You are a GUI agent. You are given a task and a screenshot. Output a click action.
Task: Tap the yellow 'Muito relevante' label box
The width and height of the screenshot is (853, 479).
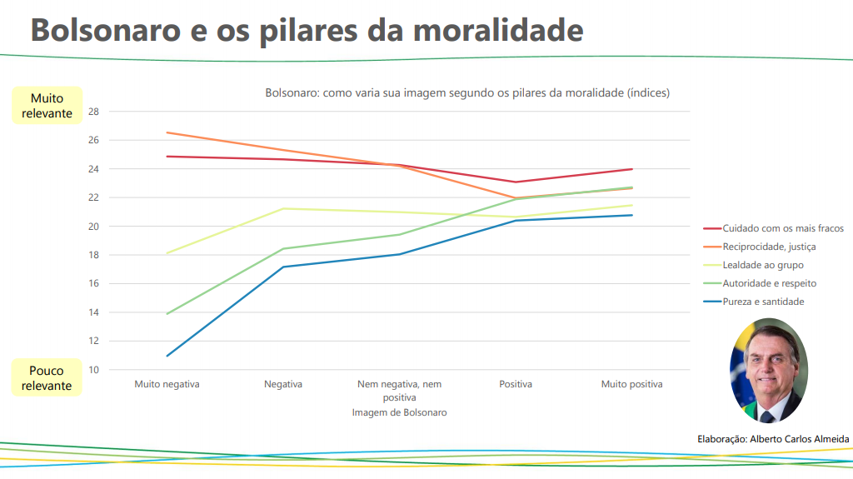(47, 106)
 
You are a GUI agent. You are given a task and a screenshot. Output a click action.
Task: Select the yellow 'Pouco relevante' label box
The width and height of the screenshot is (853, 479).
(47, 377)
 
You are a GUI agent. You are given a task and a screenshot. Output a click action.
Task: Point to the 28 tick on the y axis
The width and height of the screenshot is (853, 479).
(93, 112)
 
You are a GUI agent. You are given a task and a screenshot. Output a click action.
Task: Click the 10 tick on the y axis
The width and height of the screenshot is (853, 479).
(93, 370)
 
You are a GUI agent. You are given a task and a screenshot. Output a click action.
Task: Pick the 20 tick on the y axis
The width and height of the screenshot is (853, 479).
(93, 227)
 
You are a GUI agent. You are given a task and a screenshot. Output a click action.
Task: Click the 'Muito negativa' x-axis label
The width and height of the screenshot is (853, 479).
(167, 384)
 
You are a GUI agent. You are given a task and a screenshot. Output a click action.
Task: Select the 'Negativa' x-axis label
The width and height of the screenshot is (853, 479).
(283, 384)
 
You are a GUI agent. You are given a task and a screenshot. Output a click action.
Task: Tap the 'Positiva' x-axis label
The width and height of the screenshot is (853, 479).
(516, 384)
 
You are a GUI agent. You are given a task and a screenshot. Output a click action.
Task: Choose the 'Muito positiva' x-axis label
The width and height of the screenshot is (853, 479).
(632, 384)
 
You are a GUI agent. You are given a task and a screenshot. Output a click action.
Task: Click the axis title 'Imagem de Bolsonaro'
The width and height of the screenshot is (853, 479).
(399, 412)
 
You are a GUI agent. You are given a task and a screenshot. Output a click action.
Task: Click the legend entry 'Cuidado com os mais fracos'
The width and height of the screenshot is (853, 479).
(783, 228)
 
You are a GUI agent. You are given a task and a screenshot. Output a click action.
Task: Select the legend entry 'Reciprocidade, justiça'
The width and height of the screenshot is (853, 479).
(769, 247)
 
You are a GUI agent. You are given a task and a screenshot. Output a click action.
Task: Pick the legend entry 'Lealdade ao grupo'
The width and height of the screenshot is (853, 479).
(763, 265)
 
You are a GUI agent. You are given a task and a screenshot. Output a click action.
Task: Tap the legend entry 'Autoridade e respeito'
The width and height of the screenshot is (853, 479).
(770, 283)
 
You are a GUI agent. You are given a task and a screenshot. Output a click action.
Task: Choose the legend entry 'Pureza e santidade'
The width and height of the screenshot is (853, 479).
(763, 302)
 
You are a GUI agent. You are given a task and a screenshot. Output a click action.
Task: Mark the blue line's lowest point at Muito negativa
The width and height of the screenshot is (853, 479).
(167, 356)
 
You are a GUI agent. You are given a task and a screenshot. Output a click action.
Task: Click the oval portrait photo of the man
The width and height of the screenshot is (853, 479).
(768, 371)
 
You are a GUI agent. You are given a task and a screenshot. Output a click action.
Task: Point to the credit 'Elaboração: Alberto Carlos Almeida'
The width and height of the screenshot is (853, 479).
(773, 438)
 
